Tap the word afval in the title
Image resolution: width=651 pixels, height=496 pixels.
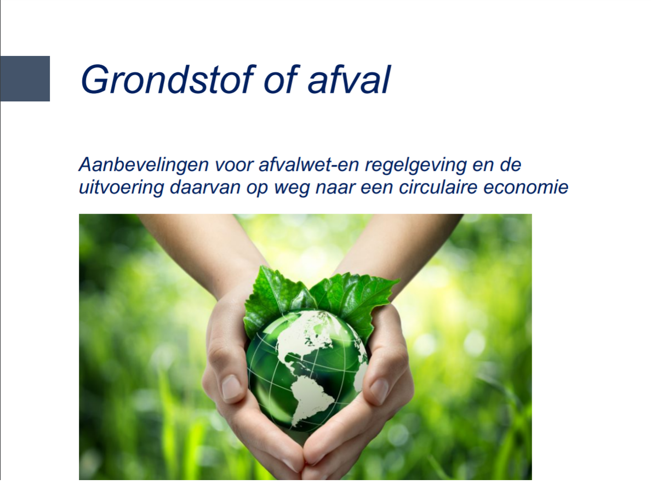pyautogui.click(x=349, y=79)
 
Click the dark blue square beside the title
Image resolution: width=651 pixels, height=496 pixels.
pyautogui.click(x=25, y=78)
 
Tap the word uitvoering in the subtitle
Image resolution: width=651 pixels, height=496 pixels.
pyautogui.click(x=121, y=188)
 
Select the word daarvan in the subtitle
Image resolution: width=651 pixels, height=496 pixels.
pyautogui.click(x=205, y=187)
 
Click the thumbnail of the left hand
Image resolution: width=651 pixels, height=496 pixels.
pyautogui.click(x=231, y=386)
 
